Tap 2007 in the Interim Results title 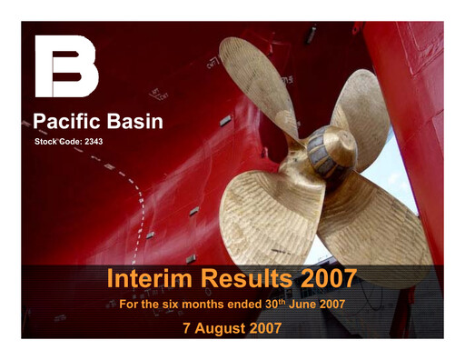tap(324, 277)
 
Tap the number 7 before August tap(187, 327)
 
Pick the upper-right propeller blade tap(363, 105)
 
